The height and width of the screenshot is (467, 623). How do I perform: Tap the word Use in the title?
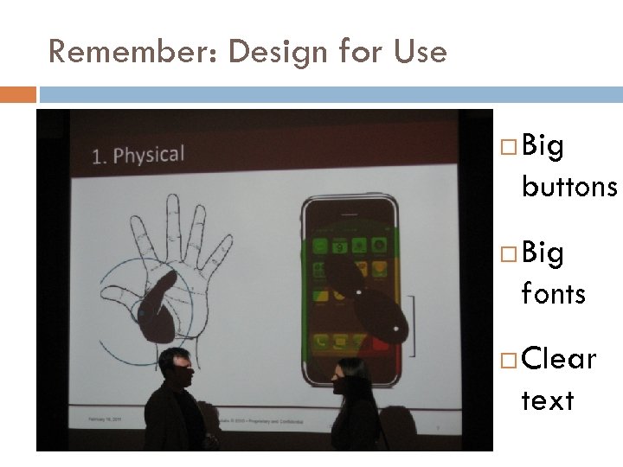[421, 52]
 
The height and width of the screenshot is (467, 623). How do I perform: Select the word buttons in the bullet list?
[568, 187]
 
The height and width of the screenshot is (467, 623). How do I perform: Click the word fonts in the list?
[553, 294]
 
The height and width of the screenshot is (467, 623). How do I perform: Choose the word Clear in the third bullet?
[559, 359]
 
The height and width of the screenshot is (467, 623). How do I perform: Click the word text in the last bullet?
[547, 400]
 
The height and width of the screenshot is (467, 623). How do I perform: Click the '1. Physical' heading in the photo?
[138, 156]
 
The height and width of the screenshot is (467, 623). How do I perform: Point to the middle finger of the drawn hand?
[174, 216]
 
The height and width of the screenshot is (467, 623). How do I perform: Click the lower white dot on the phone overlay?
[395, 327]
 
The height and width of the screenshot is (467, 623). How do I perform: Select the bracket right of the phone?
[413, 325]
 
